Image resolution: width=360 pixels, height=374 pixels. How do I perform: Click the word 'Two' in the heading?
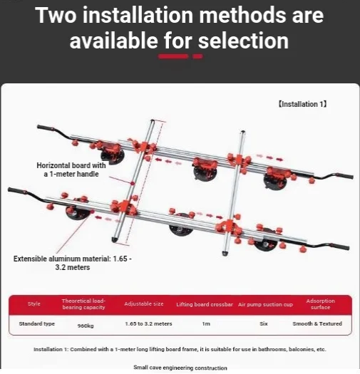pos(56,15)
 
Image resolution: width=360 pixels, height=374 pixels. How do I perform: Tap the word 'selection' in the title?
pos(243,41)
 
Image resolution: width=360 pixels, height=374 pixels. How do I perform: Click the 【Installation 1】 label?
pos(302,104)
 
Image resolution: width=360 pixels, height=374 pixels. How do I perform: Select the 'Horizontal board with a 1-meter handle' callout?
pos(71,170)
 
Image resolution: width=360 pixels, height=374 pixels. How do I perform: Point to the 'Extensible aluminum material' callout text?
pos(73,263)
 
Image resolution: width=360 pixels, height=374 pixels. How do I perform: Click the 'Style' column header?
pos(34,303)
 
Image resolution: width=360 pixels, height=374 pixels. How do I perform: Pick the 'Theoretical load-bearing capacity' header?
pos(83,304)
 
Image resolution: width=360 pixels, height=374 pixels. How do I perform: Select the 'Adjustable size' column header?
pos(144,304)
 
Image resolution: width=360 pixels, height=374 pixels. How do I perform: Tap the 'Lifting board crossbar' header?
pos(205,304)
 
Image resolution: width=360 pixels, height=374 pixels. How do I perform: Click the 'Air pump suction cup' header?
pos(265,305)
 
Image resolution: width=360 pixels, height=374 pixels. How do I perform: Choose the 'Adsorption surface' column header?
pos(321,304)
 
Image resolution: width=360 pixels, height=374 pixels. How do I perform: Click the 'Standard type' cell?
pos(37,323)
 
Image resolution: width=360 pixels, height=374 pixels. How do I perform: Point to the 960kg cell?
pos(86,326)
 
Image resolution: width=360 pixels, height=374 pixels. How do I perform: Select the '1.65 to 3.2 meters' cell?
pos(148,323)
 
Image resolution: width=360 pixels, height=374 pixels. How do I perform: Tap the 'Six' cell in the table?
pos(264,323)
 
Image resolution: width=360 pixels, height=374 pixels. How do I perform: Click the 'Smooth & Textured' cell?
pos(317,323)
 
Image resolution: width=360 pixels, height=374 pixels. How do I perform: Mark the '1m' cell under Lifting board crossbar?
pos(206,323)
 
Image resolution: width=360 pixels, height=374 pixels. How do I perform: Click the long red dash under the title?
pos(173,56)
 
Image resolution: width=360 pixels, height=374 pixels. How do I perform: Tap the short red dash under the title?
pos(197,56)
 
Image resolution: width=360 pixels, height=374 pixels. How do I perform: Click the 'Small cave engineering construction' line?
pos(180,368)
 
